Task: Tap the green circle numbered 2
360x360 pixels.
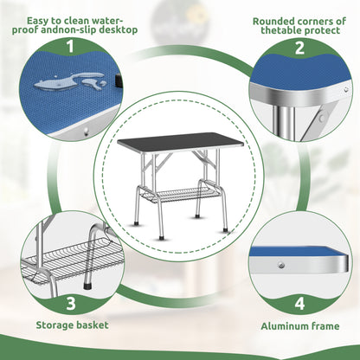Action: (299, 47)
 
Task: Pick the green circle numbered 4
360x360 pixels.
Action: (299, 304)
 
